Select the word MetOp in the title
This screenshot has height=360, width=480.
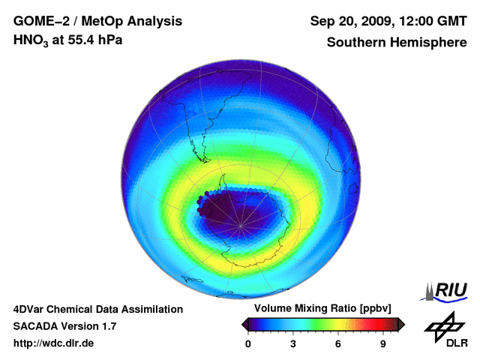104,22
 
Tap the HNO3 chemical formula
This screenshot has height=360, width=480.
31,40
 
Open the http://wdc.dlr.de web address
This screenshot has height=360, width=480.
54,343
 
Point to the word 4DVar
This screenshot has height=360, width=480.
31,309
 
